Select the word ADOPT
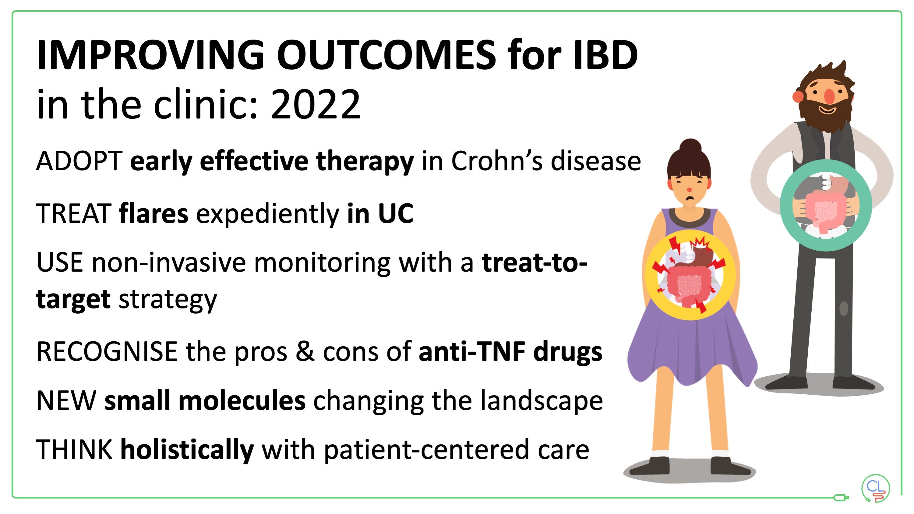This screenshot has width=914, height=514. tap(79, 161)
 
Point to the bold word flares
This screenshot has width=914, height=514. tap(153, 214)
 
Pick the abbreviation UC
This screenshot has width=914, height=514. tap(396, 214)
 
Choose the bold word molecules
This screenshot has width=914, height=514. tap(242, 401)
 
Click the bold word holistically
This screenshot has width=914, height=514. tap(187, 450)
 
